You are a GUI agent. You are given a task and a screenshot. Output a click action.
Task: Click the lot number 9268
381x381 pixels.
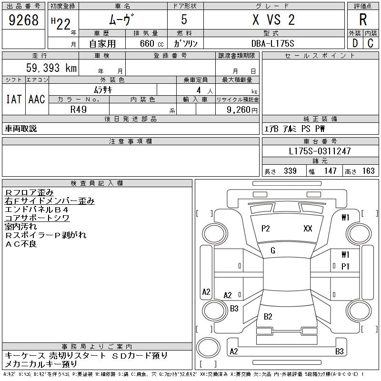(x=23, y=20)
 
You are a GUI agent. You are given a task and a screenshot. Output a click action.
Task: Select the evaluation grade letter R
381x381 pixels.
(x=363, y=20)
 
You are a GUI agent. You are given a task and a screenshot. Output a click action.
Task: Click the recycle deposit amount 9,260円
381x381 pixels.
(x=243, y=110)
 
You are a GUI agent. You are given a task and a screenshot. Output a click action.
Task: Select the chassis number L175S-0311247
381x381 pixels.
(x=320, y=151)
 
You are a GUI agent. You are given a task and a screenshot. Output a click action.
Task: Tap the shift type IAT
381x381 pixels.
(x=14, y=99)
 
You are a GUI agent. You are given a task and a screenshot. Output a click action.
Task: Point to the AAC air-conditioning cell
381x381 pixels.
(x=37, y=99)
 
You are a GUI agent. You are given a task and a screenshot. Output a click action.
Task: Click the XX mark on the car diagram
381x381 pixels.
(x=308, y=229)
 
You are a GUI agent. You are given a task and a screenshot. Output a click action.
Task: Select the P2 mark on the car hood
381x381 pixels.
(x=266, y=229)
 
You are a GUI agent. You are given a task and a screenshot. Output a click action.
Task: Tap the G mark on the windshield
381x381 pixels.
(x=273, y=251)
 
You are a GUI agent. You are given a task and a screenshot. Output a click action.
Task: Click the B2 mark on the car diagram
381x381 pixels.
(x=268, y=317)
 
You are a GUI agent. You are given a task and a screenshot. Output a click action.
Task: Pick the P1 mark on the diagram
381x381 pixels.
(x=345, y=266)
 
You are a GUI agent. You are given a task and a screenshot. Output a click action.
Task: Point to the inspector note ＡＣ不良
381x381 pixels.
(x=21, y=244)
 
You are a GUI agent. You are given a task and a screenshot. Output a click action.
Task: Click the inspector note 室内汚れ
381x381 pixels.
(x=21, y=226)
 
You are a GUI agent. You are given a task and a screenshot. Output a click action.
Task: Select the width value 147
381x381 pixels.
(x=330, y=171)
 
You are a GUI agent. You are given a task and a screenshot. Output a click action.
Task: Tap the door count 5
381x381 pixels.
(x=184, y=20)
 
